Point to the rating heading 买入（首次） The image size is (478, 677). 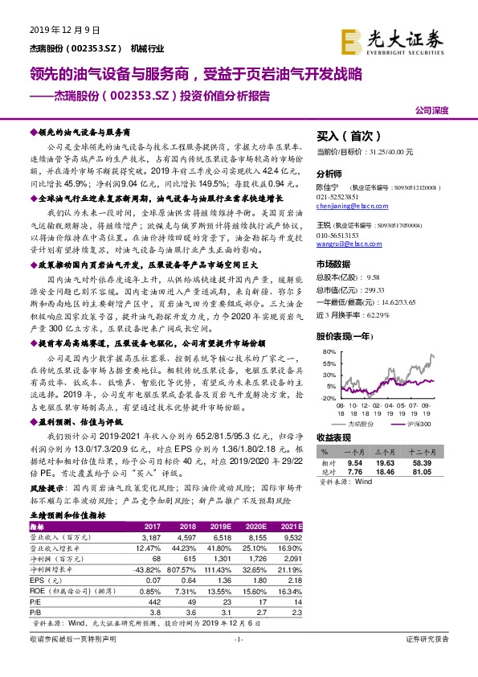click(x=347, y=137)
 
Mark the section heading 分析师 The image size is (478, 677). click(x=329, y=173)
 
